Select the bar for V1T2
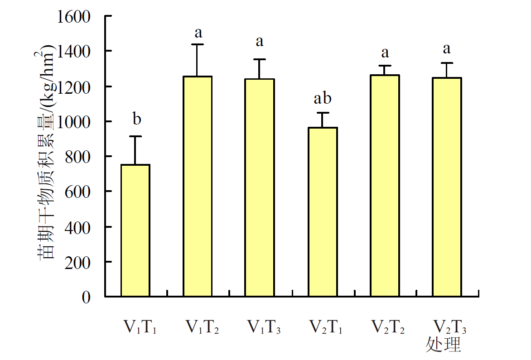tap(198, 186)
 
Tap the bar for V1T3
tap(260, 187)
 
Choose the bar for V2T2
tap(385, 186)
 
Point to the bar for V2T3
tap(447, 187)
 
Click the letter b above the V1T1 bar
tap(136, 120)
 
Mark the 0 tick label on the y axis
tap(86, 297)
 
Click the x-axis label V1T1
tap(140, 327)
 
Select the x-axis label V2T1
tap(326, 327)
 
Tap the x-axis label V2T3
tap(450, 327)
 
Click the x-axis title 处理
tap(443, 345)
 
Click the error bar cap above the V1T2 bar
tap(198, 44)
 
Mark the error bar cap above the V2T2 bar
tap(385, 66)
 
